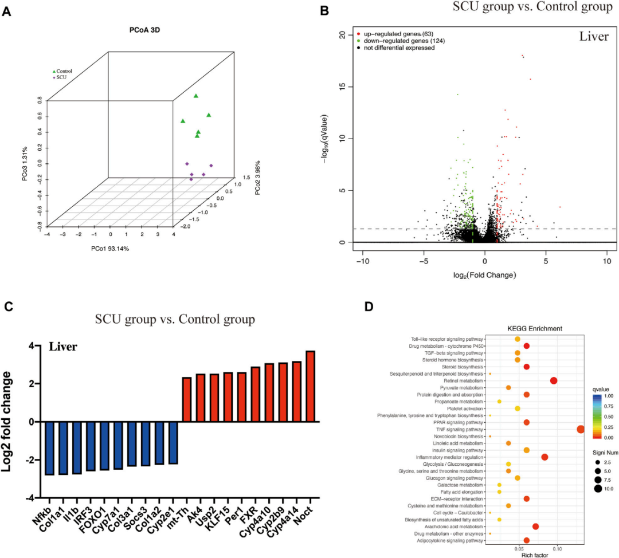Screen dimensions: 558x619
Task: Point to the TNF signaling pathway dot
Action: click(x=581, y=429)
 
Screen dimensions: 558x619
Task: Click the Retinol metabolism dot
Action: click(x=554, y=380)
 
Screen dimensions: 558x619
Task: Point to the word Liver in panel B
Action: click(x=594, y=37)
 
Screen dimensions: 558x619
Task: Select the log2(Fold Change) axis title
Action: click(x=484, y=275)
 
